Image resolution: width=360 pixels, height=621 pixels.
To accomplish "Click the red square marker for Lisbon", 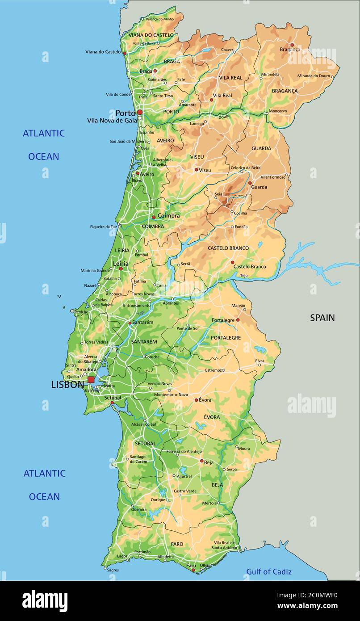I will point(91,380).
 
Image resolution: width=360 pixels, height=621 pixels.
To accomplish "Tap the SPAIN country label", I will point(322,318).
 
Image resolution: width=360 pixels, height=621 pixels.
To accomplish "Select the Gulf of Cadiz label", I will point(269,571).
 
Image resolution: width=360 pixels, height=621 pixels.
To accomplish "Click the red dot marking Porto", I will point(140,113).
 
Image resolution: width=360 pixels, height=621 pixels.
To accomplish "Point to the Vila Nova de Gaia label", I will point(112,120).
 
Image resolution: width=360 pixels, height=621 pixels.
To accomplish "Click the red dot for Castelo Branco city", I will point(232,263).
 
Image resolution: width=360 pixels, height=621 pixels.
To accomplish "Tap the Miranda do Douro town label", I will point(314,76).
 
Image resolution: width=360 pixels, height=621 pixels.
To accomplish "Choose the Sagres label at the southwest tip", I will point(113,570).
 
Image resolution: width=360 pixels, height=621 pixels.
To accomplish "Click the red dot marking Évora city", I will point(196,400).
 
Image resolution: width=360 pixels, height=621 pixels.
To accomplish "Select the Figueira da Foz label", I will point(103,227).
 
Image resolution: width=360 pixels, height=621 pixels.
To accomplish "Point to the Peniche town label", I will point(81,312).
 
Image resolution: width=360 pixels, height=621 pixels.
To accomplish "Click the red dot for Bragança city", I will point(292,45).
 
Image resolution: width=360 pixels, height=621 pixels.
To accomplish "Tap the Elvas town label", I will point(260,361).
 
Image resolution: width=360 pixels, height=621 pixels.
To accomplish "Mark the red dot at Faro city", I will point(193,570).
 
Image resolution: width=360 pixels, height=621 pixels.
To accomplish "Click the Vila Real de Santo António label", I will point(224,545).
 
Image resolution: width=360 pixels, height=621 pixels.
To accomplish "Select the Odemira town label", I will point(138,509).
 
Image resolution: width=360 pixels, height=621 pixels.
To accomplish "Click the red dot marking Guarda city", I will point(250,183).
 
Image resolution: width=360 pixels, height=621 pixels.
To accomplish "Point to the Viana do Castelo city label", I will point(103,52).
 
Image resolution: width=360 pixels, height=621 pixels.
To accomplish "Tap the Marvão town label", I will point(238,305).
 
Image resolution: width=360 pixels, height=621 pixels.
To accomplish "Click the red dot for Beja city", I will point(201,460).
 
